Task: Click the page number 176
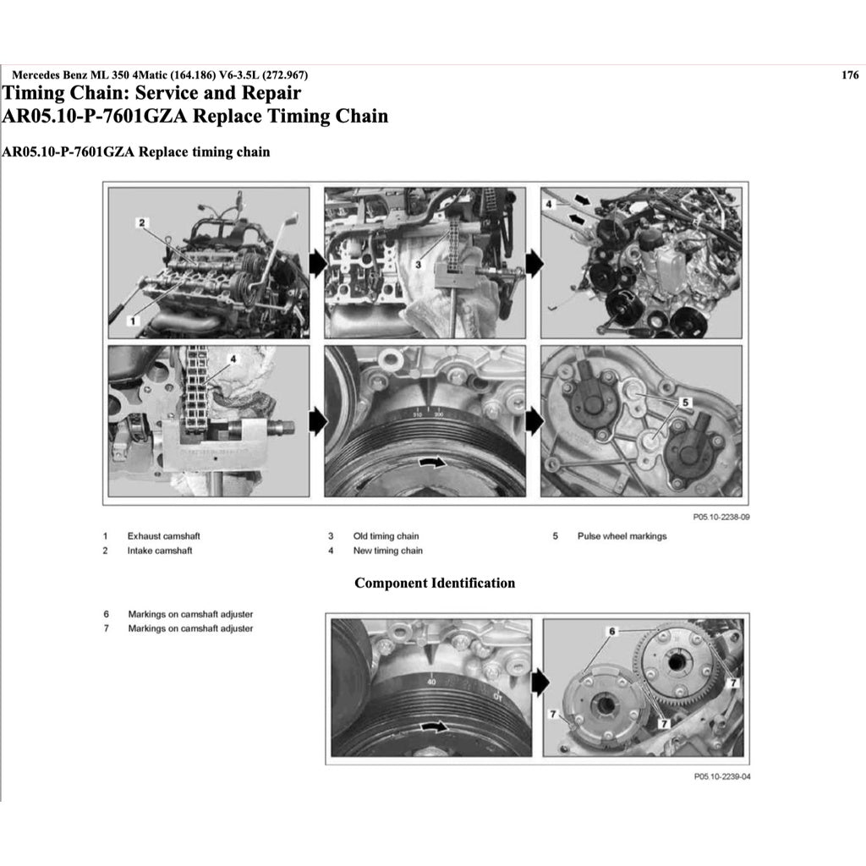pyautogui.click(x=850, y=75)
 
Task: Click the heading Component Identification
pyautogui.click(x=434, y=583)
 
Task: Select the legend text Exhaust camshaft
pyautogui.click(x=163, y=536)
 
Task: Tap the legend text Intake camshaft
pyautogui.click(x=160, y=551)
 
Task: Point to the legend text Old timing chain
pyautogui.click(x=386, y=536)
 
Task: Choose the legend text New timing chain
pyautogui.click(x=387, y=551)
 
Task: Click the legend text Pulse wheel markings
pyautogui.click(x=622, y=536)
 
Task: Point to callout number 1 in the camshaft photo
pyautogui.click(x=131, y=321)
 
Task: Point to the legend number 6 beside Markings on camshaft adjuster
pyautogui.click(x=106, y=614)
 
